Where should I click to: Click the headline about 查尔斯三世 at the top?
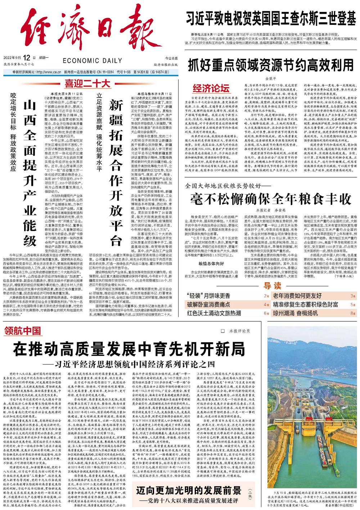(271, 18)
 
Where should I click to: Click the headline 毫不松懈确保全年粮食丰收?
(271, 199)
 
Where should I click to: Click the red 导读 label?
(272, 286)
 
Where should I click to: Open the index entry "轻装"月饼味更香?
(208, 296)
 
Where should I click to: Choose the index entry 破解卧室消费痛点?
(208, 305)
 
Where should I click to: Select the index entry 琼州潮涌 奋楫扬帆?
(295, 313)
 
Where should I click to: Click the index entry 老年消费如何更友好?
(297, 296)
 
